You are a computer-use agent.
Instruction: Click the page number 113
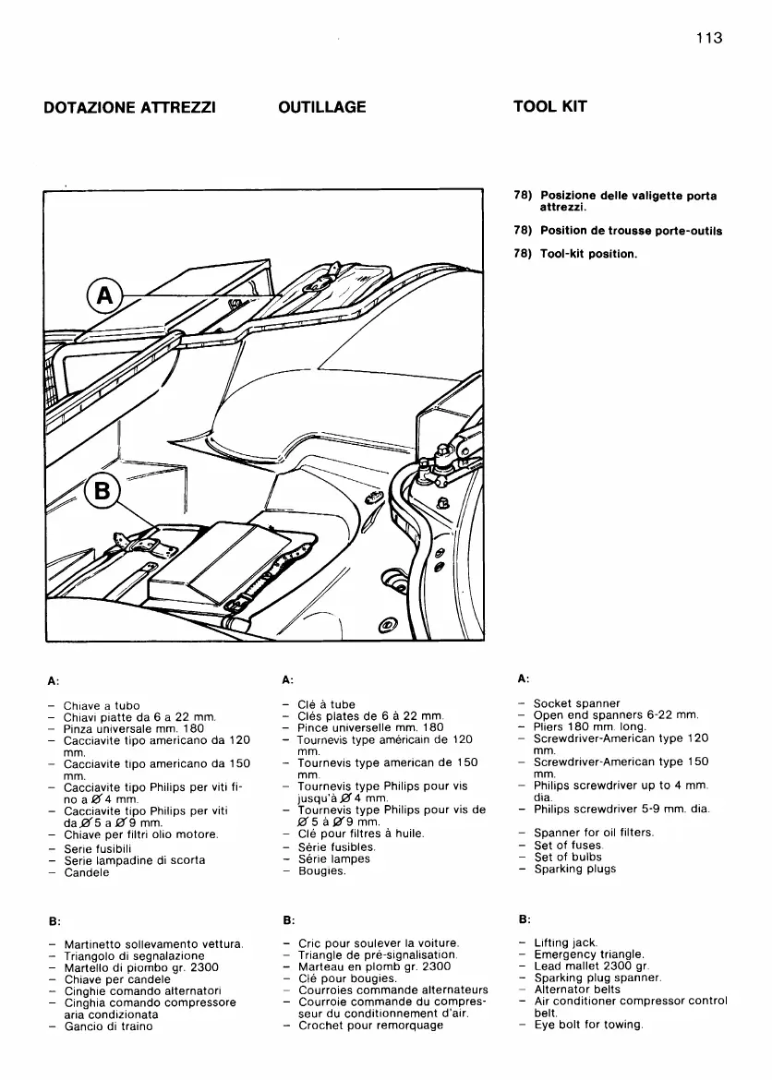(x=708, y=38)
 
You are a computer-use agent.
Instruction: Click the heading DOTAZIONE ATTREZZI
(x=130, y=107)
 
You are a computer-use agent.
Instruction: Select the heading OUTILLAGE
(x=321, y=107)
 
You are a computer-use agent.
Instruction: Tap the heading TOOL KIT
(x=549, y=106)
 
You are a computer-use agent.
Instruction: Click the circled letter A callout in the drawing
(x=104, y=296)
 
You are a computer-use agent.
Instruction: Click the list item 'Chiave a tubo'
(x=102, y=705)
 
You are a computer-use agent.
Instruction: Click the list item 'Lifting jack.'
(x=565, y=942)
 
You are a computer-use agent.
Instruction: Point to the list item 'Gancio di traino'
(x=108, y=1026)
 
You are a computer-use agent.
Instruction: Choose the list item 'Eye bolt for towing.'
(x=588, y=1025)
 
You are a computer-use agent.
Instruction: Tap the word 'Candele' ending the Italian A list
(x=87, y=872)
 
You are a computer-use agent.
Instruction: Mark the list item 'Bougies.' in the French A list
(x=322, y=870)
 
